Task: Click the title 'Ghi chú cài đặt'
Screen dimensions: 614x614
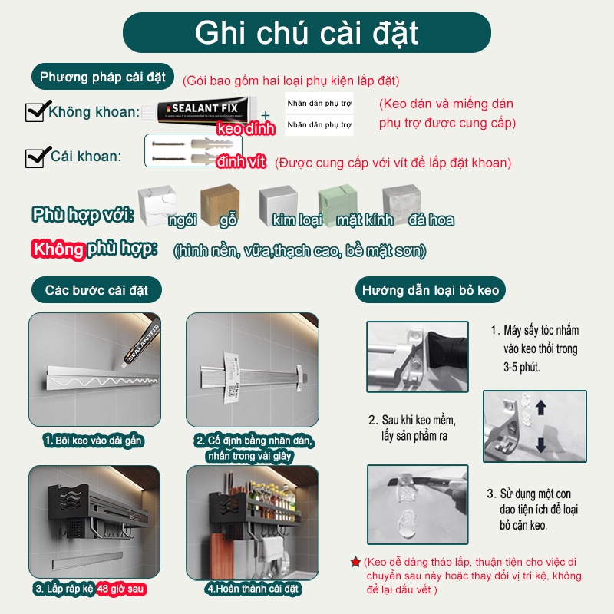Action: [307, 33]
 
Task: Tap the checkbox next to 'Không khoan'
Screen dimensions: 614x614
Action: [35, 112]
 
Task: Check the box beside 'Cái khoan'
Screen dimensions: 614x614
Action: [35, 157]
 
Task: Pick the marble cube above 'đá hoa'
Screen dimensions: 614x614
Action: [402, 201]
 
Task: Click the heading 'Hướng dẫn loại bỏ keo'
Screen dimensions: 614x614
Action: [431, 290]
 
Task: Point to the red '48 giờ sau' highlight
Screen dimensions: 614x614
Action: [120, 589]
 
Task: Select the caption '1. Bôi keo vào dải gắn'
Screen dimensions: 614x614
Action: [94, 441]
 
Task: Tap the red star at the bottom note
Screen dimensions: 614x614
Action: [355, 563]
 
